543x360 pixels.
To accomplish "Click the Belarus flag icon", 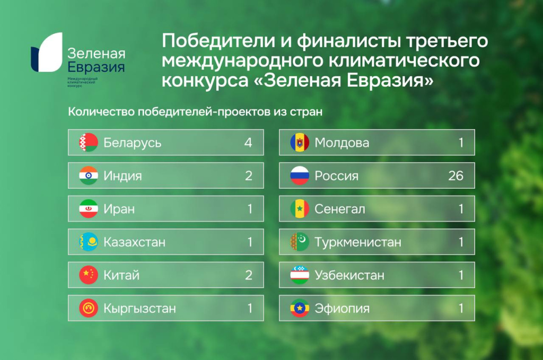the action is [x=89, y=142].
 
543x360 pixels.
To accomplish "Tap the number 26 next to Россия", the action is [x=456, y=175].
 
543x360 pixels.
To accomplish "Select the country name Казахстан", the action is [x=134, y=242].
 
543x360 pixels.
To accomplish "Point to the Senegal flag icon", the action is [x=300, y=209].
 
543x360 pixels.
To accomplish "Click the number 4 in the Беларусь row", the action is [x=248, y=142].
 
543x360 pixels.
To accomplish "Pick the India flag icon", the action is [x=89, y=175].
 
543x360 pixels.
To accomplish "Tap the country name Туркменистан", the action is [x=358, y=242].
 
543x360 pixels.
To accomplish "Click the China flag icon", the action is [x=89, y=275].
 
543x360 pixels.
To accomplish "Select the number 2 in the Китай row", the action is [x=248, y=275].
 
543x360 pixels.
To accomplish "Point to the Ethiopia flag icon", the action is [x=300, y=308].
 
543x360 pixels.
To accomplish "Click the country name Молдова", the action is [x=342, y=143].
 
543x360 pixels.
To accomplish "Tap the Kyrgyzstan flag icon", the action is [x=89, y=308].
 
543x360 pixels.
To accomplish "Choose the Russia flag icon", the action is [x=300, y=175].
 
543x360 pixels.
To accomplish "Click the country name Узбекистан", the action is [x=349, y=275].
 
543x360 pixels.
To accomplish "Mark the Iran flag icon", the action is [x=89, y=209].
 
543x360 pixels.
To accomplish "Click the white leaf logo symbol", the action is [x=50, y=52].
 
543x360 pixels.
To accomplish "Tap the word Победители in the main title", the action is [x=218, y=40].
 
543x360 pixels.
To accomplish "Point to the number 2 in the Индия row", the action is [x=248, y=175].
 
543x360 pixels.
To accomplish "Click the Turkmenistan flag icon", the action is [x=300, y=242].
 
